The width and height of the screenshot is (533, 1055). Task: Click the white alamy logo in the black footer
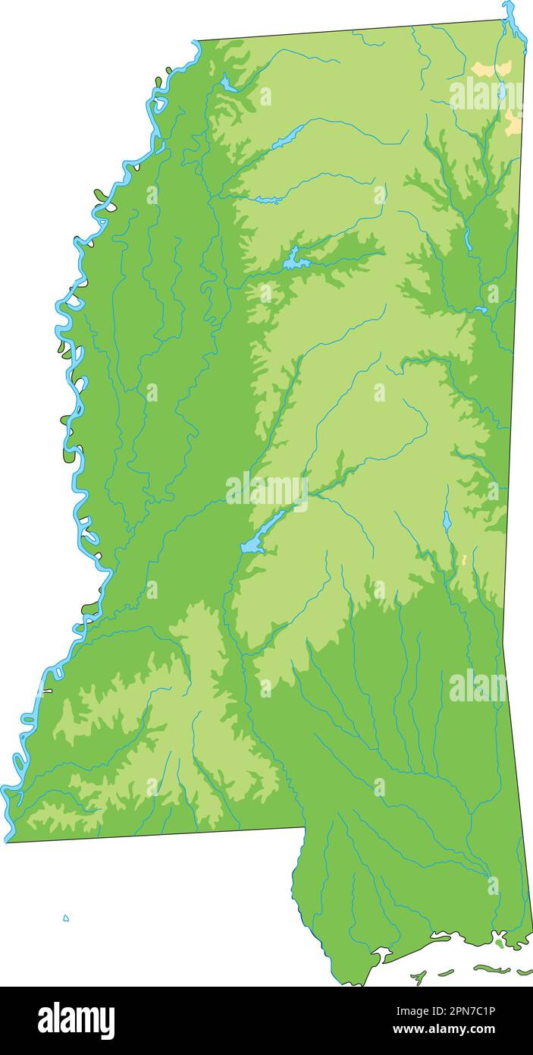[76, 1020]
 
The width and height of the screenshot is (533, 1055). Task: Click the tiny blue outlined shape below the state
[66, 918]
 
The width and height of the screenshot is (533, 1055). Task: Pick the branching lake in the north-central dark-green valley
[296, 260]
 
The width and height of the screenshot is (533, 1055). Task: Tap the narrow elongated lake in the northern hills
[288, 137]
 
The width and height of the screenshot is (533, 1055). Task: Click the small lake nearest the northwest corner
[226, 83]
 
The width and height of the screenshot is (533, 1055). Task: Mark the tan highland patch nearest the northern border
[491, 69]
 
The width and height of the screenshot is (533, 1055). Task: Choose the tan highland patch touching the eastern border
[513, 121]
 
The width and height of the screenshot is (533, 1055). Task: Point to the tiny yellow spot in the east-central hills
[464, 559]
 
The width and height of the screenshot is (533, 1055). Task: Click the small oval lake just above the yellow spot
[447, 521]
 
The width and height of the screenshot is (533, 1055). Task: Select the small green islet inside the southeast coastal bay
[499, 943]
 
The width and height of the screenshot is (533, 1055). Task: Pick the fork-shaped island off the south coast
[419, 977]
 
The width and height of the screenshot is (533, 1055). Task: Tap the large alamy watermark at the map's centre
[267, 490]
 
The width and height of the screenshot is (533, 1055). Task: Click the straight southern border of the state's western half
[152, 834]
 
